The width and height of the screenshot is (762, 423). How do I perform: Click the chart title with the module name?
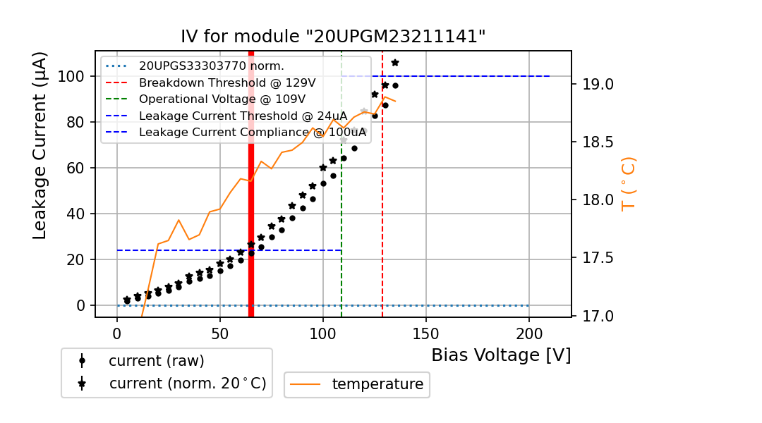tap(333, 37)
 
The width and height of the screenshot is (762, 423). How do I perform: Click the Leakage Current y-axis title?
tap(40, 145)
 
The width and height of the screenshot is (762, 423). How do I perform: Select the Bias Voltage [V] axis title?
tap(501, 355)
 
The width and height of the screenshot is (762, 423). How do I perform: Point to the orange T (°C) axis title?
tap(628, 183)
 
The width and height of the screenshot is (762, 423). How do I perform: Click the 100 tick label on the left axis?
tap(72, 76)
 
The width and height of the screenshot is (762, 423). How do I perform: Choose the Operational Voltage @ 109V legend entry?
tap(222, 99)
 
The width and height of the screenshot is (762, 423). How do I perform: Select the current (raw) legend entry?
tap(156, 361)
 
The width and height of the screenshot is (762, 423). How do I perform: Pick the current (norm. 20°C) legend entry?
tap(187, 384)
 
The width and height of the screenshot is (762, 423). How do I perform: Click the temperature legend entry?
tap(377, 384)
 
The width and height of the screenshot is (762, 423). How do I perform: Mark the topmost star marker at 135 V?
tap(395, 63)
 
